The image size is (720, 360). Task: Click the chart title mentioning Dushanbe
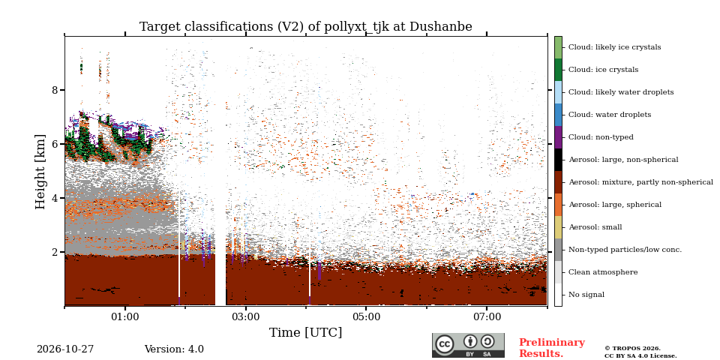[x=305, y=27]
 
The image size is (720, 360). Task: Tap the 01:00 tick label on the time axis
[x=125, y=317]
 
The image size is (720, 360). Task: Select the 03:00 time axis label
[x=246, y=317]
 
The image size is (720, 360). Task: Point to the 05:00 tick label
[x=366, y=317]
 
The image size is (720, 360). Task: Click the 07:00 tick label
[x=487, y=317]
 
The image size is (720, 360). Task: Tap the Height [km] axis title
[x=40, y=172]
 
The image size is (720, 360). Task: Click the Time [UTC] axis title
[x=305, y=332]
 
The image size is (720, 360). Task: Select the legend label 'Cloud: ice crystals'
[x=603, y=70]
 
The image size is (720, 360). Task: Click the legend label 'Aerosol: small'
[x=595, y=227]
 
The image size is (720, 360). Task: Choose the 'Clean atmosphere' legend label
[x=603, y=272]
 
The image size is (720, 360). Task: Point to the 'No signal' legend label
[x=586, y=295]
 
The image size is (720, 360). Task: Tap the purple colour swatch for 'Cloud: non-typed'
[x=558, y=137]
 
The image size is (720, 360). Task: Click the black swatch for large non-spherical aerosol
[x=558, y=160]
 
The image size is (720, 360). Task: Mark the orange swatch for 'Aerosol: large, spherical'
[x=558, y=205]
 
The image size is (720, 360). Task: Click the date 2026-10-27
[x=65, y=349]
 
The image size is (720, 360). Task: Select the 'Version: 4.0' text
[x=174, y=349]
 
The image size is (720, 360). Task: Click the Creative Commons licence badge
[x=468, y=345]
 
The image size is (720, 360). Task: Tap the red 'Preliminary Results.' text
[x=551, y=348]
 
